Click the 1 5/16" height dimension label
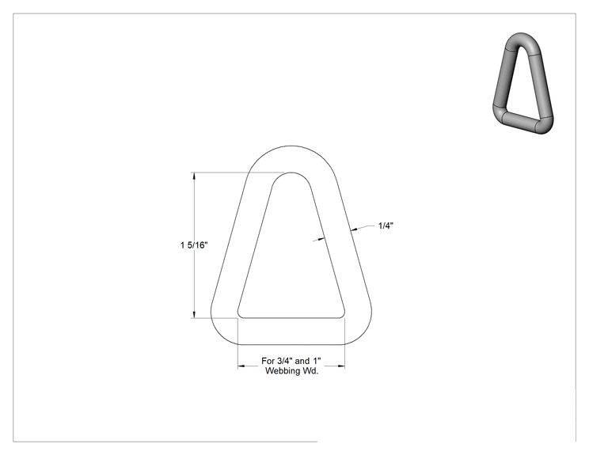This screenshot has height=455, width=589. (x=194, y=245)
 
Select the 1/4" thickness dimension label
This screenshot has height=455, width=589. (x=386, y=226)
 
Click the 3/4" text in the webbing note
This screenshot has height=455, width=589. (x=284, y=361)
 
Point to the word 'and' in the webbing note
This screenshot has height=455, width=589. (x=302, y=361)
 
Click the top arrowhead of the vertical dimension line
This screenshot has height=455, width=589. (x=194, y=176)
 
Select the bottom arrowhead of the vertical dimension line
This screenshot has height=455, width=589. (x=194, y=314)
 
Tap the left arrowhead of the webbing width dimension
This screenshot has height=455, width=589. (x=241, y=366)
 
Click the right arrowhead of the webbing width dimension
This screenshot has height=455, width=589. (x=340, y=366)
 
